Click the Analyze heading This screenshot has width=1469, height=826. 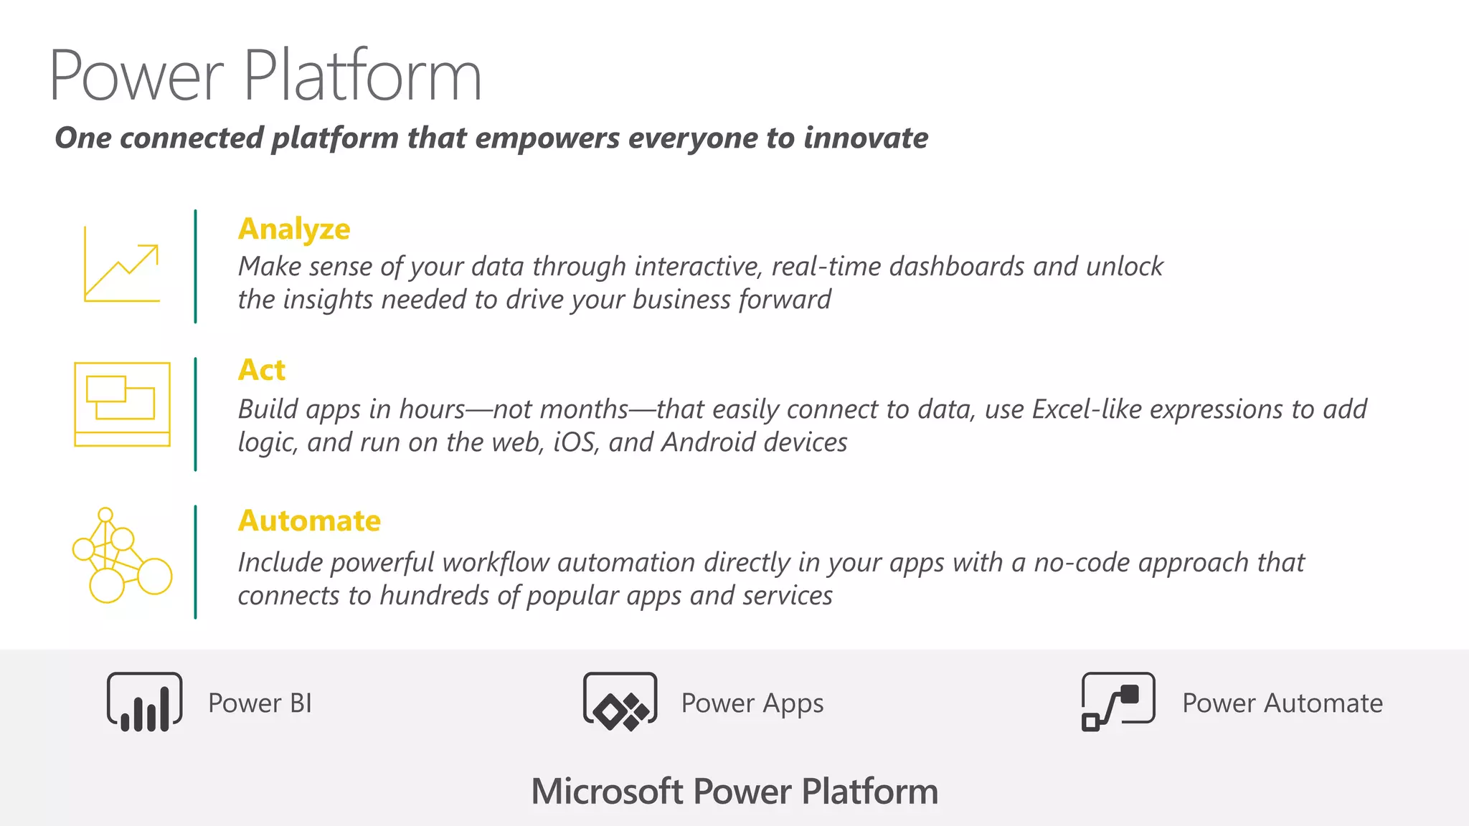(x=294, y=229)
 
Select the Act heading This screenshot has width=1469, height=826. (x=262, y=371)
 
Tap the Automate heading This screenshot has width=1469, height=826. (x=309, y=521)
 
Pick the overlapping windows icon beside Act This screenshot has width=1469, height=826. (x=123, y=404)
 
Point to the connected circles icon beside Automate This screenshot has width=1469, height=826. (x=122, y=556)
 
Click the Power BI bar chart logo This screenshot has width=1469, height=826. (x=144, y=702)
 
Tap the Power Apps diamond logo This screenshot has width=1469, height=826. (x=620, y=702)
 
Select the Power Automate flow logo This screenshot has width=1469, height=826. (x=1118, y=702)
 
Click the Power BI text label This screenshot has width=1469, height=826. (x=260, y=703)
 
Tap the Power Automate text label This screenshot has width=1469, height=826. (x=1283, y=703)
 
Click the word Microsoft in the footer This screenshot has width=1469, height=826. (x=607, y=792)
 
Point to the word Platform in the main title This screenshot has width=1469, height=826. (x=362, y=76)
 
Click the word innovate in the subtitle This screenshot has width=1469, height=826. (x=866, y=138)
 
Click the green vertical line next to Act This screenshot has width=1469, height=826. (x=195, y=414)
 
